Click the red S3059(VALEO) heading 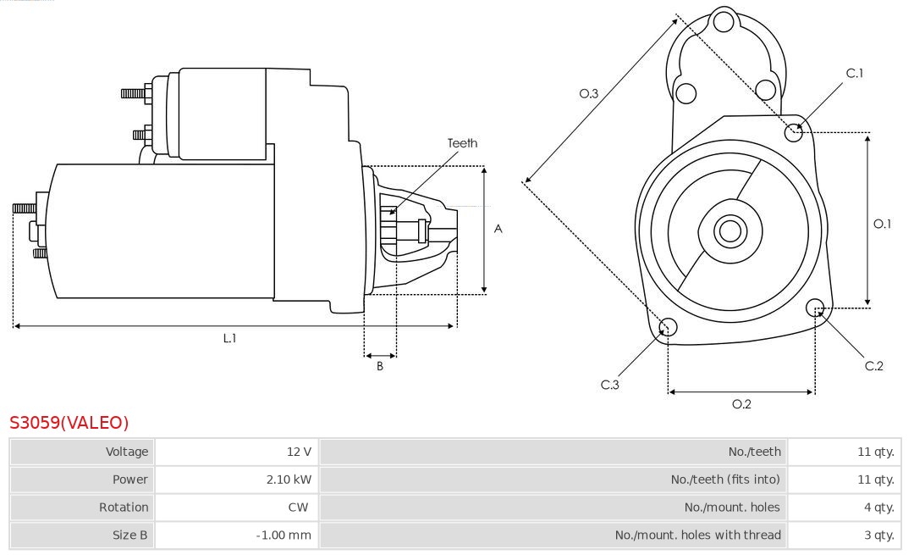69,423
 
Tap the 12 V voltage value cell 299,452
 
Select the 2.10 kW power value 289,480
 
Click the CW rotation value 302,507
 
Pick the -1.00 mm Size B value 284,535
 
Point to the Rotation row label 124,507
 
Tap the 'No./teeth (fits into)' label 725,480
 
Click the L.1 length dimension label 229,338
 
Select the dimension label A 498,229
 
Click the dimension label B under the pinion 380,367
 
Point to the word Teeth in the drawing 462,143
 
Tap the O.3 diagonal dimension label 589,94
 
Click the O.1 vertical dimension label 883,224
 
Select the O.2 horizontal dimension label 741,404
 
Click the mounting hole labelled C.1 794,131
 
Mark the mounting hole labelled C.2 816,307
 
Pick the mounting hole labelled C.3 668,327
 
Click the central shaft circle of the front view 728,230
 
